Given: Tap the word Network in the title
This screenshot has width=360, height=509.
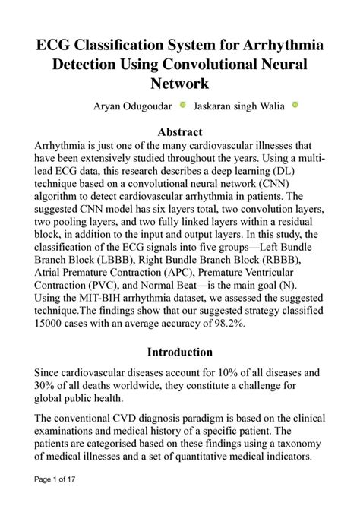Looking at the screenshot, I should (x=179, y=83).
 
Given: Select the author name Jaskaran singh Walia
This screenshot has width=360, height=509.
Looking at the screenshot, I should (x=239, y=106).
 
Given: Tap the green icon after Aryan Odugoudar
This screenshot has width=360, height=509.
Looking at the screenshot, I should (x=182, y=105).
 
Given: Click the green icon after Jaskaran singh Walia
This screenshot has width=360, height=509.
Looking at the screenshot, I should (x=295, y=105).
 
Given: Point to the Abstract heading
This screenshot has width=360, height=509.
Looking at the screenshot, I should (x=179, y=132).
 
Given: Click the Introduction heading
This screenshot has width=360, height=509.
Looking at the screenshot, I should (x=179, y=352).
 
